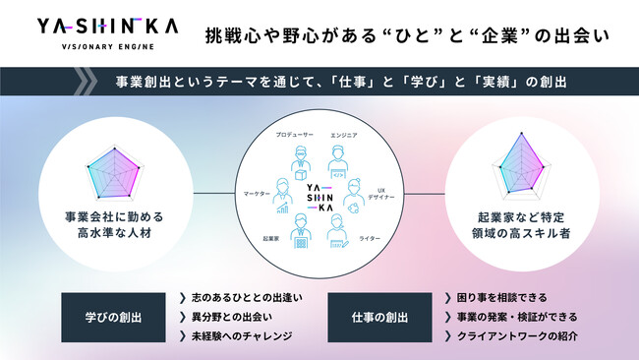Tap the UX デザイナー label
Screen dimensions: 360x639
[x=384, y=191]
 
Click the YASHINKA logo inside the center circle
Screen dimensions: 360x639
[x=319, y=195]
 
